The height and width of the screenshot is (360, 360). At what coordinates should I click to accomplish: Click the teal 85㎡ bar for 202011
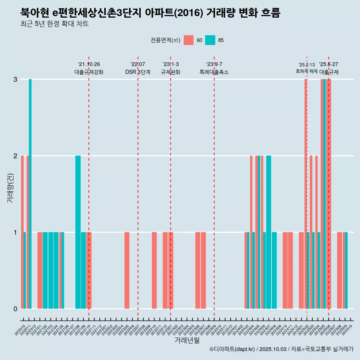coord(30,193)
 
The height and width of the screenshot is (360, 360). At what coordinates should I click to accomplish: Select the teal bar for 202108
coord(78,232)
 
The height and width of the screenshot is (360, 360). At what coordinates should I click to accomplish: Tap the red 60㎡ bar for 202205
coord(127,270)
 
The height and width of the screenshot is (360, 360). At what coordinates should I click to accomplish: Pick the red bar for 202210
coord(154,270)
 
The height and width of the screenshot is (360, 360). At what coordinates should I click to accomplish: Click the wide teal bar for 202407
coord(268,232)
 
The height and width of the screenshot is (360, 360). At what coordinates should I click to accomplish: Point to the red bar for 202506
coord(329,193)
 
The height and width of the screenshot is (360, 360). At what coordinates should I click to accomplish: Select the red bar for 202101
coord(40,270)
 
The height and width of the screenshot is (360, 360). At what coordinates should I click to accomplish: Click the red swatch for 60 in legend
coord(189,40)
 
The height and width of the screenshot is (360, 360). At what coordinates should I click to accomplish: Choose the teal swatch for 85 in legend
coord(210,40)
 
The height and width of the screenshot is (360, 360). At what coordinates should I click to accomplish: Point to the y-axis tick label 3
coord(15,79)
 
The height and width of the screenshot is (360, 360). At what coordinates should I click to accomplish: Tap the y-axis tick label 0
coord(15,309)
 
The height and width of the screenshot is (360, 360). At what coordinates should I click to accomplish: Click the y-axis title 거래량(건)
coord(10,188)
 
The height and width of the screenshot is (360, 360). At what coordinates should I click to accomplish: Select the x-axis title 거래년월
coord(187,340)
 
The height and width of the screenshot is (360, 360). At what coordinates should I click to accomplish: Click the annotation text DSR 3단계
coord(138,72)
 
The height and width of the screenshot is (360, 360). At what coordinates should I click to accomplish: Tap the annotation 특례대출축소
coord(214,72)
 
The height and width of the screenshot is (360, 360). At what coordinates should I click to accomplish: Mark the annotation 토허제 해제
coord(306,71)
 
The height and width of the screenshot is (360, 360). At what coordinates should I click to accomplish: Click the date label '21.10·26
coord(89,64)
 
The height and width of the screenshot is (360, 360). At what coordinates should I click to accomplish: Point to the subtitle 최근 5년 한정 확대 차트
coord(54,24)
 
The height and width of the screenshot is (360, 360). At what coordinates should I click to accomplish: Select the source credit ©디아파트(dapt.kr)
coord(232,349)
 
